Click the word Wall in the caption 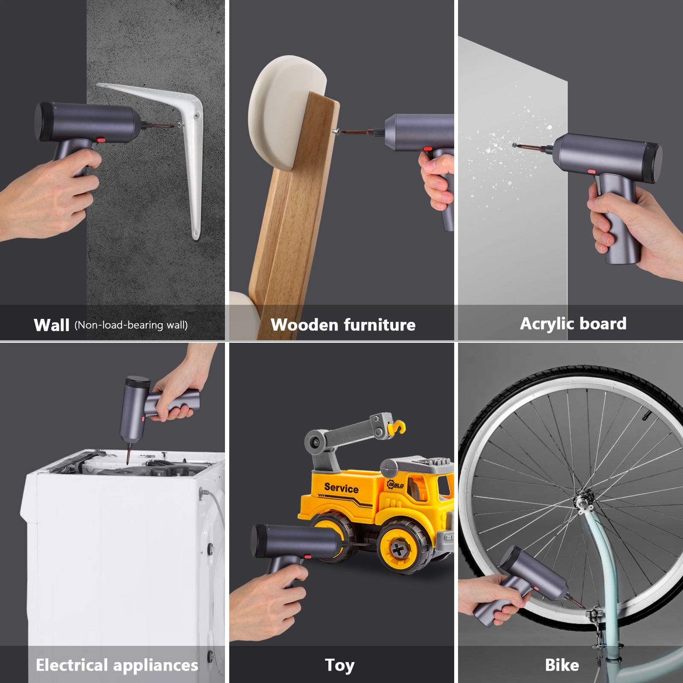click(x=51, y=325)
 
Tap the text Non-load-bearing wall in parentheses click(x=131, y=325)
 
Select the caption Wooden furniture click(x=343, y=325)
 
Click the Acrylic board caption click(x=573, y=324)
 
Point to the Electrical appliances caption click(x=117, y=665)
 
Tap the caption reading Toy click(x=339, y=665)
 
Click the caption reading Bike click(x=562, y=665)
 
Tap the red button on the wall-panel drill click(x=101, y=140)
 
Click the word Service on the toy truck click(x=341, y=487)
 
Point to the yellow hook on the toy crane click(x=399, y=428)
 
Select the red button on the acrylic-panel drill click(x=592, y=172)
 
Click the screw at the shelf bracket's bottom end click(x=196, y=234)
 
